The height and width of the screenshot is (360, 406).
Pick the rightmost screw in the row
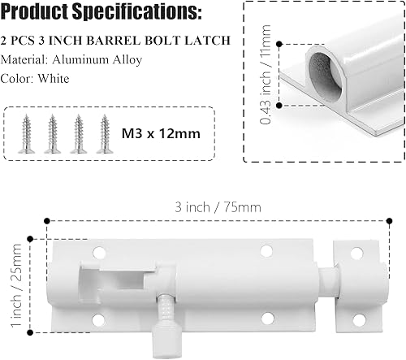pyautogui.click(x=104, y=128)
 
